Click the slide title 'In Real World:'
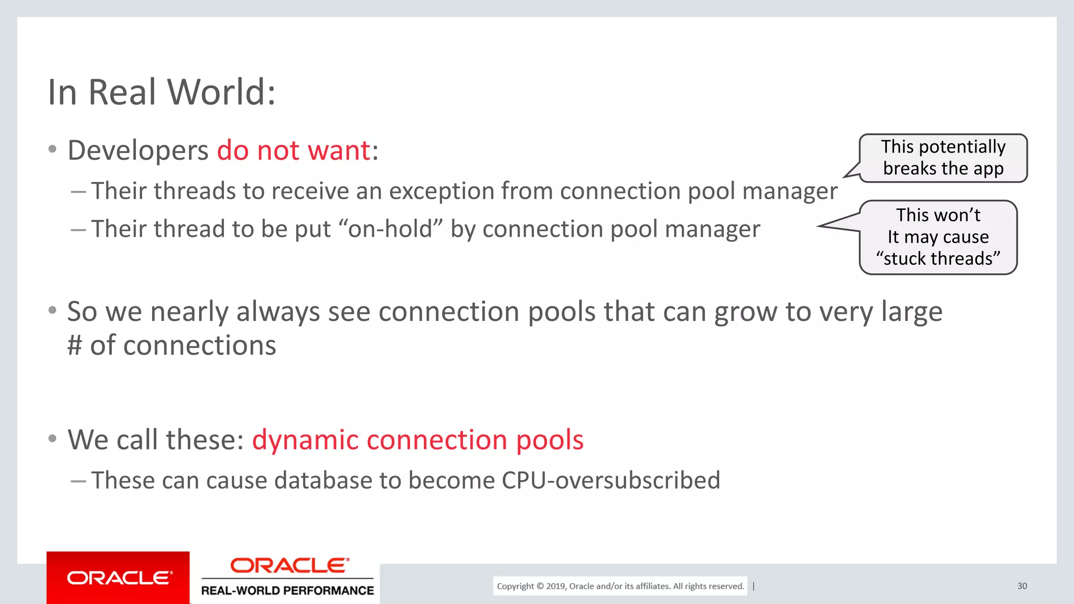click(x=162, y=92)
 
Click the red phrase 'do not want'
click(x=294, y=150)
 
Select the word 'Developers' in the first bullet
click(x=138, y=151)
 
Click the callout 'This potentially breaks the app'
click(x=943, y=158)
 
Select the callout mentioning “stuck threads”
click(x=938, y=237)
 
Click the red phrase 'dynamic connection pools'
click(x=417, y=439)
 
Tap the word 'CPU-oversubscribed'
click(x=611, y=480)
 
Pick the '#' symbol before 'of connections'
click(x=75, y=346)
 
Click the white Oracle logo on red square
click(x=119, y=578)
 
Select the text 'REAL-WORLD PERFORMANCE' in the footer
click(x=287, y=590)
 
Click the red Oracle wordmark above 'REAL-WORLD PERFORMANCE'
click(x=289, y=565)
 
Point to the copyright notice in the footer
click(x=620, y=586)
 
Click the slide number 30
click(x=1022, y=586)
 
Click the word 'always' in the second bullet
click(x=277, y=312)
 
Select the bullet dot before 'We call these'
click(x=52, y=438)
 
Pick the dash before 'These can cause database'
click(x=78, y=480)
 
